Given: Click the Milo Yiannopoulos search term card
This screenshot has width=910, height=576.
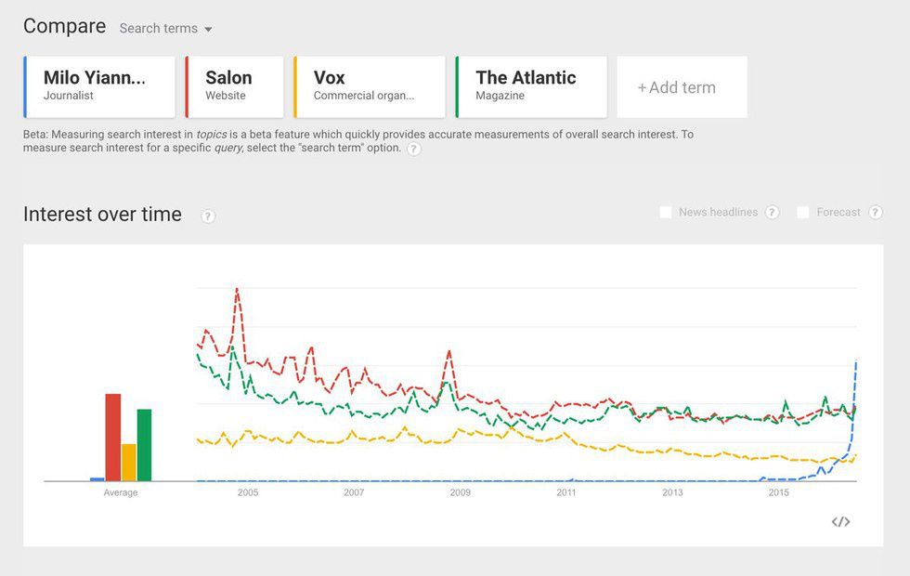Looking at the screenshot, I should [x=99, y=86].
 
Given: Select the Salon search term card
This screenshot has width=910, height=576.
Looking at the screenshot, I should [x=234, y=86].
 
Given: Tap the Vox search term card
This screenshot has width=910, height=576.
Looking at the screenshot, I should [x=370, y=86].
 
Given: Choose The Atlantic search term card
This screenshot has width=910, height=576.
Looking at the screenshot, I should [x=531, y=86].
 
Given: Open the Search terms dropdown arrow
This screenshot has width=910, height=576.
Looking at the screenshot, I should [x=208, y=30].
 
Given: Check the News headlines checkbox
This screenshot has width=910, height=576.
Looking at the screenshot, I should [x=666, y=213].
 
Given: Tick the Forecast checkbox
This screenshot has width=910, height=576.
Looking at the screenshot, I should [x=803, y=213].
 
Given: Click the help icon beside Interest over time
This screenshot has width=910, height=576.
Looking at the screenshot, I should [x=208, y=216].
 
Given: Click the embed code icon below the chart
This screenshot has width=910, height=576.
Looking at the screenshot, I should [x=840, y=522].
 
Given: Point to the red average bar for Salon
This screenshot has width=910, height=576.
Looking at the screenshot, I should [x=113, y=437].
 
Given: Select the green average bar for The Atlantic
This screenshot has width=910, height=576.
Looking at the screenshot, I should [x=144, y=444].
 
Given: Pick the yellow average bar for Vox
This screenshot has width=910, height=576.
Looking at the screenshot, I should [x=129, y=462].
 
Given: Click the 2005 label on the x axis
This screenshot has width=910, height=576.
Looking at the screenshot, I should [x=248, y=492].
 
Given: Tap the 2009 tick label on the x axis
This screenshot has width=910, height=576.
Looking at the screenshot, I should [x=460, y=492].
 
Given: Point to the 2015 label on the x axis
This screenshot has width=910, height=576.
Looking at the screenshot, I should [x=778, y=492].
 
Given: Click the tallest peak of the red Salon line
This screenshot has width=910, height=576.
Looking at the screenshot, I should [x=238, y=289].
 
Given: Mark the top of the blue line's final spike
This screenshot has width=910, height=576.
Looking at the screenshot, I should [x=855, y=361].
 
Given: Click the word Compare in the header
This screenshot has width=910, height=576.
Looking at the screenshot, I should [x=65, y=26].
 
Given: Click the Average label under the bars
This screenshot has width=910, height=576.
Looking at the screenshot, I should [x=121, y=492].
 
